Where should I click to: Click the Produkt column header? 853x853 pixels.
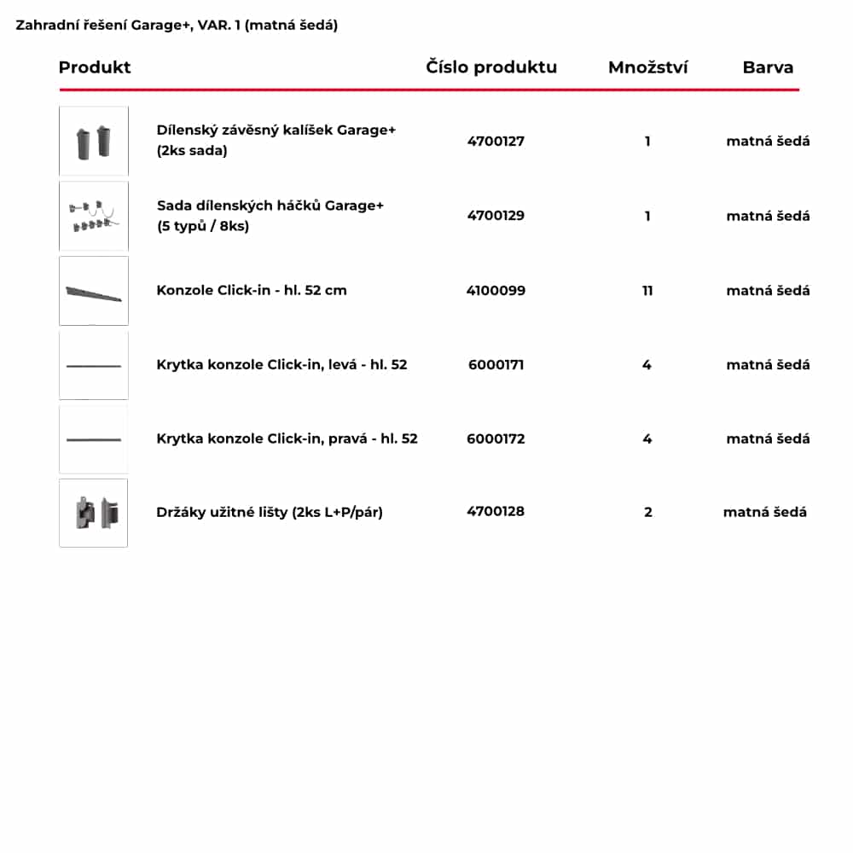point(95,67)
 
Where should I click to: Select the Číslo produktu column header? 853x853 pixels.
point(491,67)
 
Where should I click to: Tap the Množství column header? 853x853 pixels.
point(647,67)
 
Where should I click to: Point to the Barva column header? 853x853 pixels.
point(768,67)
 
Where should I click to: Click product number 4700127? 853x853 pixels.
point(496,141)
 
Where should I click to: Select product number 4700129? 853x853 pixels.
point(496,216)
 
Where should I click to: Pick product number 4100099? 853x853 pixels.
point(496,290)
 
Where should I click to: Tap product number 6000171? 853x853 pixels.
point(496,364)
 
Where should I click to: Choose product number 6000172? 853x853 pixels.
point(496,438)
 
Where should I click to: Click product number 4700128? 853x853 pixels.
point(496,512)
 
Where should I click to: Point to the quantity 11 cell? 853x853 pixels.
point(647,290)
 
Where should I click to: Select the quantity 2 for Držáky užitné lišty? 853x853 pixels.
point(648,512)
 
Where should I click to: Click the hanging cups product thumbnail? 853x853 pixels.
point(94,142)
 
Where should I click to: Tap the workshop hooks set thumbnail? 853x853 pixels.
point(94,216)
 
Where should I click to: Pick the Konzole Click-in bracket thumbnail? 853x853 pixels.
point(94,291)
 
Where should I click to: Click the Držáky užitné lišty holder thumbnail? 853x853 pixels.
point(94,513)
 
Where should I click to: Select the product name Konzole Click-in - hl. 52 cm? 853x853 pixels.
point(252,290)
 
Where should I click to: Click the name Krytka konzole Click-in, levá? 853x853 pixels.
point(281,364)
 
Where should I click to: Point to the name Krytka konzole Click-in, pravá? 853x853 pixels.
point(287,438)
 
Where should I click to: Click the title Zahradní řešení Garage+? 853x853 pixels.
point(177,25)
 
